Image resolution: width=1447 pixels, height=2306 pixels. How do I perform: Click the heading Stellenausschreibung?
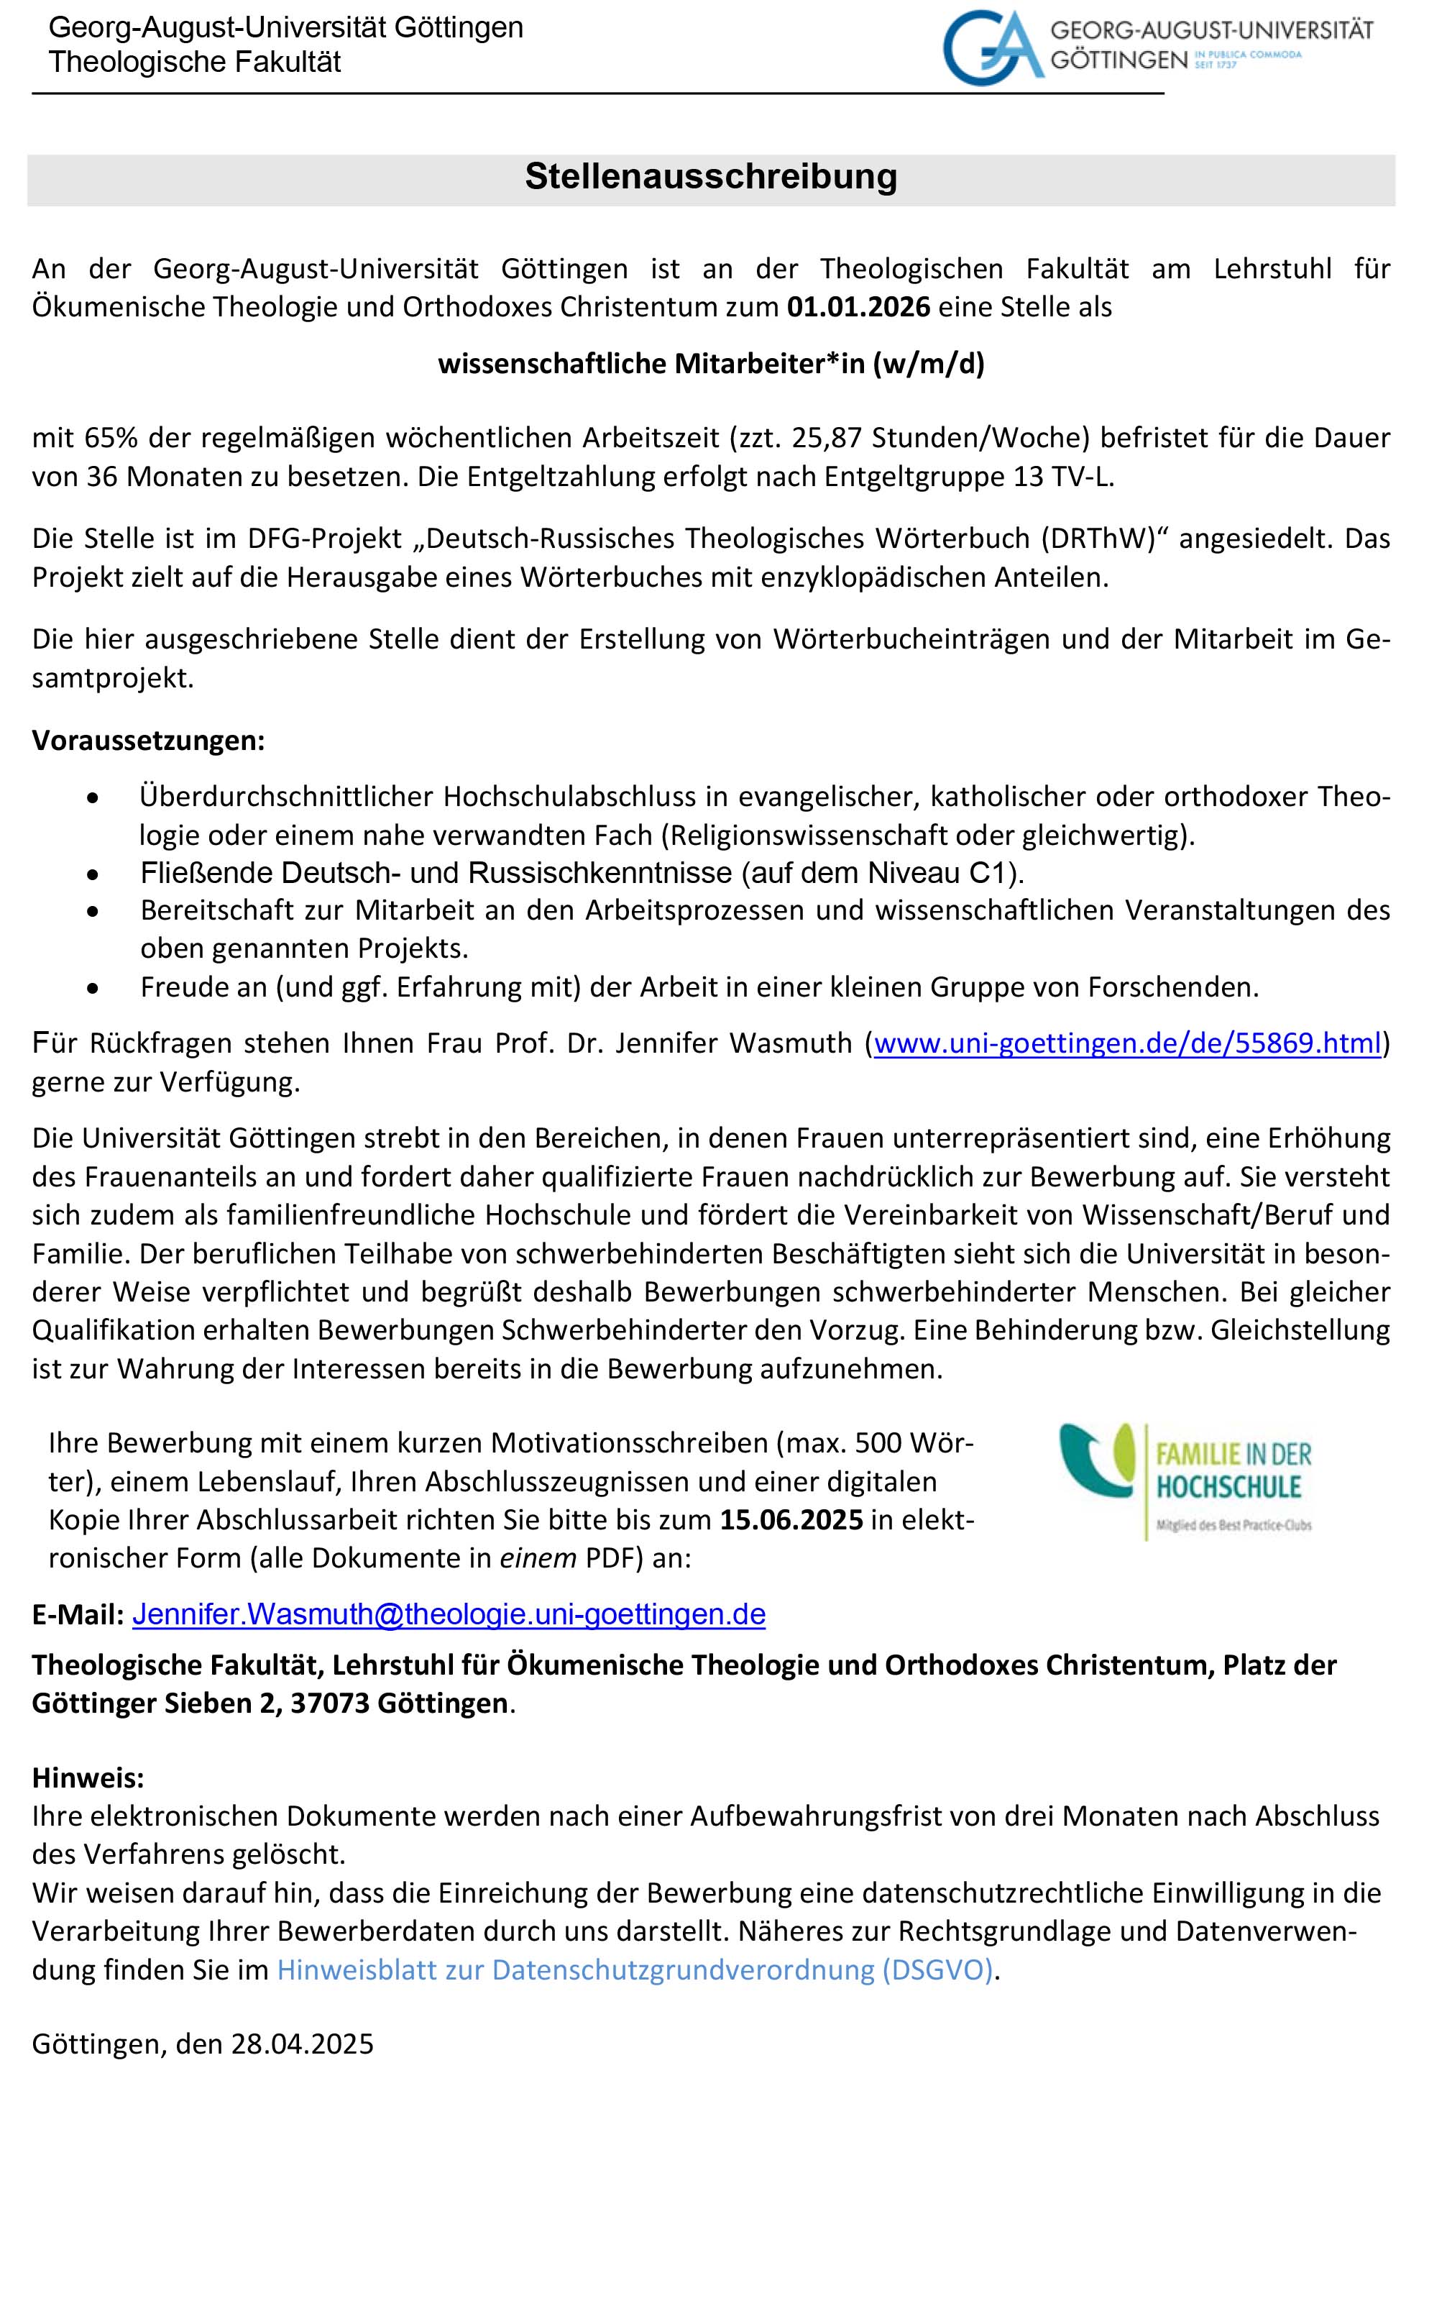(x=710, y=177)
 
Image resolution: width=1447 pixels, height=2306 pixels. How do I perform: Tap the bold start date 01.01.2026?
(x=858, y=307)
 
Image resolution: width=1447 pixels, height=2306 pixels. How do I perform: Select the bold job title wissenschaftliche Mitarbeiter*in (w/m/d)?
(x=711, y=364)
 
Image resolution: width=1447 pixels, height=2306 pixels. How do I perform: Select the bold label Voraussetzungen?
(x=148, y=740)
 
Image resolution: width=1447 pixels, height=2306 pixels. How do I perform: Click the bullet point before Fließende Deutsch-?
(x=93, y=874)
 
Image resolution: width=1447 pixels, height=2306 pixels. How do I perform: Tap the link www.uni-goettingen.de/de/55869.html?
(x=1127, y=1043)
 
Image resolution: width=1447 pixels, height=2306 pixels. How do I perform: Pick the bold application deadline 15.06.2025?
(x=791, y=1520)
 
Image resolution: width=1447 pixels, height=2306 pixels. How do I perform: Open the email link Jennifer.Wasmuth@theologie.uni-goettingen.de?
(x=449, y=1615)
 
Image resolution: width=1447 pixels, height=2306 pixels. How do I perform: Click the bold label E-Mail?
(x=78, y=1616)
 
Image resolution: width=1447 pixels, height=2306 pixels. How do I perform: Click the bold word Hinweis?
(x=88, y=1777)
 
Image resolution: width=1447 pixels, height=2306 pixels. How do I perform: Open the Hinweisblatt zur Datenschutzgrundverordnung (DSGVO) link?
(x=635, y=1970)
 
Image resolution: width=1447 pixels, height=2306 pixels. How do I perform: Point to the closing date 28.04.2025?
(x=303, y=2044)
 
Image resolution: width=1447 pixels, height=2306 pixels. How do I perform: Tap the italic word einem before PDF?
(x=538, y=1558)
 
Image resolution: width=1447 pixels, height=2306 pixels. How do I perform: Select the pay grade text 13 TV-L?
(x=1064, y=477)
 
